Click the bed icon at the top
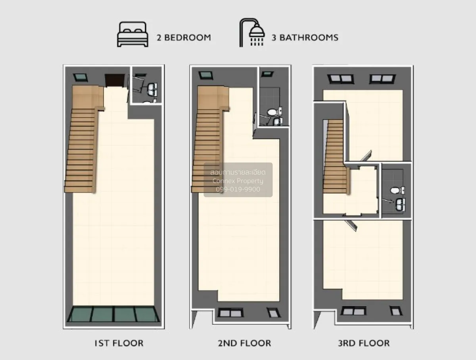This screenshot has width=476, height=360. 132,35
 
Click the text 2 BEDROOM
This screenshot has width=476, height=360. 183,38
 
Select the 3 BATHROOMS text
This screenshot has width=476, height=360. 305,38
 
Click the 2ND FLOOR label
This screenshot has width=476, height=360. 244,343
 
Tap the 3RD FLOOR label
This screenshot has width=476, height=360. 364,343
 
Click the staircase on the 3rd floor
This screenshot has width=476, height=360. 334,159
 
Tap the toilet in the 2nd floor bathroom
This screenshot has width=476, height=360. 272,113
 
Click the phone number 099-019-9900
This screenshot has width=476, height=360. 238,189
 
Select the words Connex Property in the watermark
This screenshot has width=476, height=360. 238,181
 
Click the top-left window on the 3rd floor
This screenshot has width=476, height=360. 341,79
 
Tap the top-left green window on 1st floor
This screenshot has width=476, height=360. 81,77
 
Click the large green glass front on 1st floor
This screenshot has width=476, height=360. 113,314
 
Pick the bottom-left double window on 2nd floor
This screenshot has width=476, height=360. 230,313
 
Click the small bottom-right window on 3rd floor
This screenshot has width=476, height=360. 396,311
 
